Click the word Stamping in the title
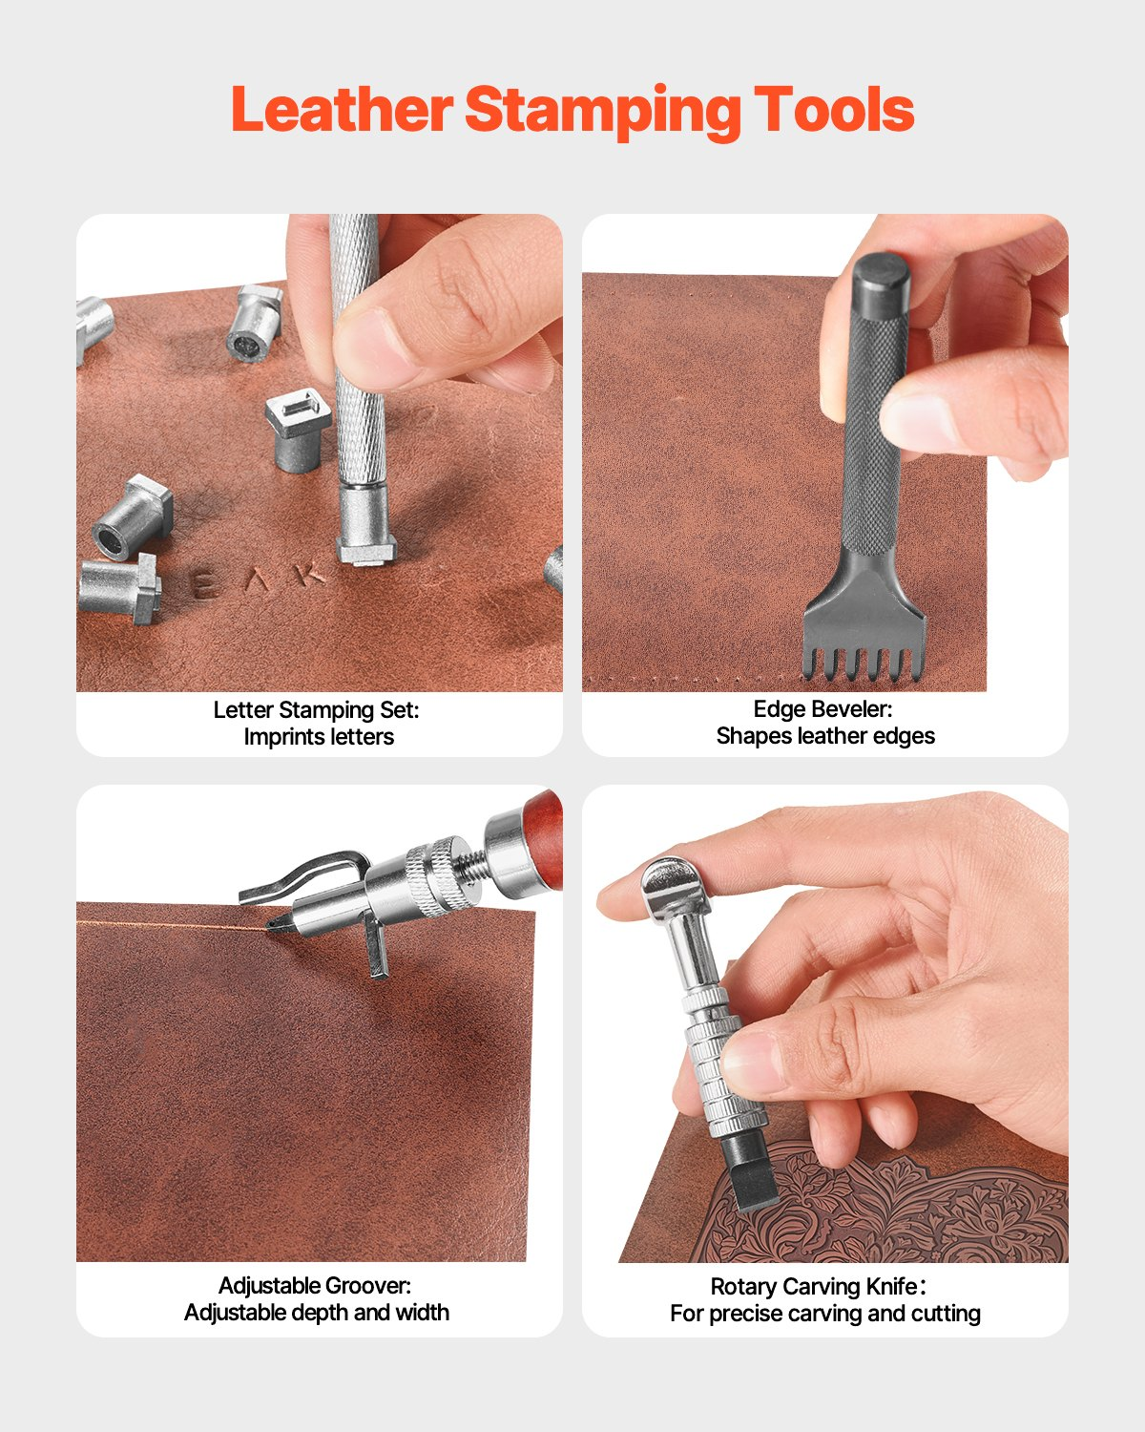[x=602, y=111]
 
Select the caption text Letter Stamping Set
[x=316, y=710]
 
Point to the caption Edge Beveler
[x=822, y=709]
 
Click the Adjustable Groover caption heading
[x=315, y=1286]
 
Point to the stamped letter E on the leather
[x=204, y=584]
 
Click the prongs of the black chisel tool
[x=862, y=659]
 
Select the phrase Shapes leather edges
[x=825, y=736]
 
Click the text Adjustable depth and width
[x=317, y=1313]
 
